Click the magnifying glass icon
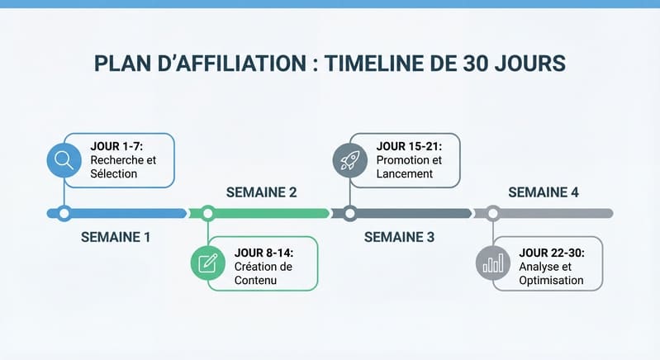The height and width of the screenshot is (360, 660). tap(64, 160)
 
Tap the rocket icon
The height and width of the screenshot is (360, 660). tap(349, 160)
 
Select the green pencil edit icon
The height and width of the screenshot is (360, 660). tap(208, 263)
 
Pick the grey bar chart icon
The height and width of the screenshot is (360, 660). tap(493, 263)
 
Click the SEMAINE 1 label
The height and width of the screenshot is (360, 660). tap(116, 237)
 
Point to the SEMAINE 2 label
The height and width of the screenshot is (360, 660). tap(261, 192)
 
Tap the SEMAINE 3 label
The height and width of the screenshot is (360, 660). tap(399, 237)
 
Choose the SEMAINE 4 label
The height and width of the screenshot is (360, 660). tap(544, 192)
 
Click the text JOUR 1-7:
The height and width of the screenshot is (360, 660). tap(116, 146)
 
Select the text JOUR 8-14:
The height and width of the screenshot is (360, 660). tap(264, 253)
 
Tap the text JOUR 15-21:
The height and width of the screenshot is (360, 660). tap(409, 146)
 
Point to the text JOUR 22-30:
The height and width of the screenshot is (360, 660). tap(552, 253)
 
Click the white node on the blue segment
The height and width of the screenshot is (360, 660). tap(64, 214)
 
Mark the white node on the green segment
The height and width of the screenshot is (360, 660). tap(208, 214)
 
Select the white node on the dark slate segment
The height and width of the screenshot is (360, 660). tap(349, 214)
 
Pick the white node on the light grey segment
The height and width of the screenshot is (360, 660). tap(493, 214)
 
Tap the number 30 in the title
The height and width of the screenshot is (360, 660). tap(475, 64)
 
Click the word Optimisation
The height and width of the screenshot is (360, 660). tap(551, 281)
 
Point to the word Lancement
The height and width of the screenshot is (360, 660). tap(405, 173)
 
